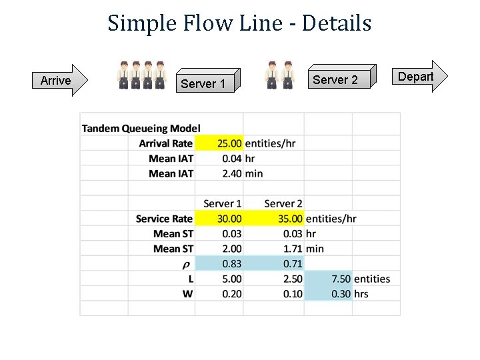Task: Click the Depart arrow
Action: (418, 77)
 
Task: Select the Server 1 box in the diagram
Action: (207, 83)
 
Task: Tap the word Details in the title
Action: (336, 23)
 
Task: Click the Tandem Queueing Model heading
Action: (141, 128)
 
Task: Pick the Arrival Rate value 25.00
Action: (229, 143)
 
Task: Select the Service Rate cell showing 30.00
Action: (229, 219)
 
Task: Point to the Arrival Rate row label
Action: (165, 143)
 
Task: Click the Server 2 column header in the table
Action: (283, 203)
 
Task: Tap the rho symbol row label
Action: (189, 264)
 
